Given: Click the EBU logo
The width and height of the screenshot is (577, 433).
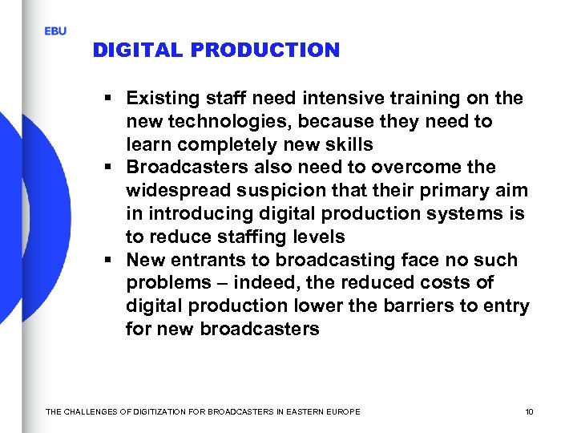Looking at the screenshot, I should pos(55,30).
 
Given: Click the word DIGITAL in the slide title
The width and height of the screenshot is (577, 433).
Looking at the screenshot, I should pos(138,50).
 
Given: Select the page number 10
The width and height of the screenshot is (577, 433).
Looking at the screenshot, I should pos(529,412).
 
